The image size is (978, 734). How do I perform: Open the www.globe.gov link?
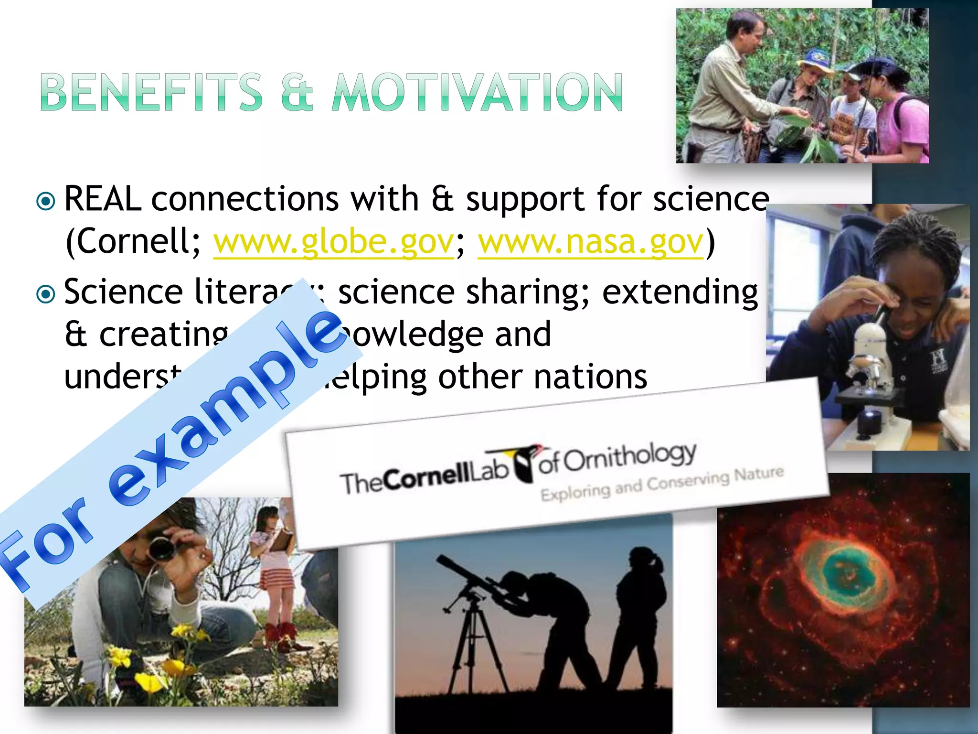tap(333, 242)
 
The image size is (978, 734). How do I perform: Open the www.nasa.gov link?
tap(591, 242)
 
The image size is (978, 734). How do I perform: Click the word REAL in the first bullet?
tap(102, 199)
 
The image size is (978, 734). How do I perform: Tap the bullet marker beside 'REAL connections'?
tap(46, 201)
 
